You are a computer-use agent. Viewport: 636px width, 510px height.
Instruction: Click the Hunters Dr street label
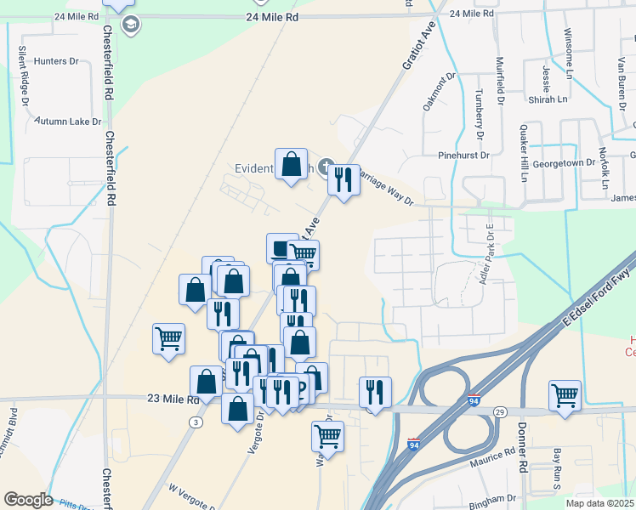tap(56, 61)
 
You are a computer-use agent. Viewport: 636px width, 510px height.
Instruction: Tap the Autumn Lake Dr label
tap(67, 122)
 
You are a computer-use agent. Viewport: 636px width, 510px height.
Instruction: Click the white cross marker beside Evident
tap(325, 166)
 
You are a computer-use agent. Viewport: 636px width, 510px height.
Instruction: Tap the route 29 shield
tap(501, 411)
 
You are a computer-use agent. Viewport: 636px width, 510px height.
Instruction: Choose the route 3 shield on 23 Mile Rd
tap(197, 422)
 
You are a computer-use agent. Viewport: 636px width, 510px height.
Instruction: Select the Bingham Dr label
tap(492, 498)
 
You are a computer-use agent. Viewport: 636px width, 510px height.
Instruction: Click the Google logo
tap(29, 500)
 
